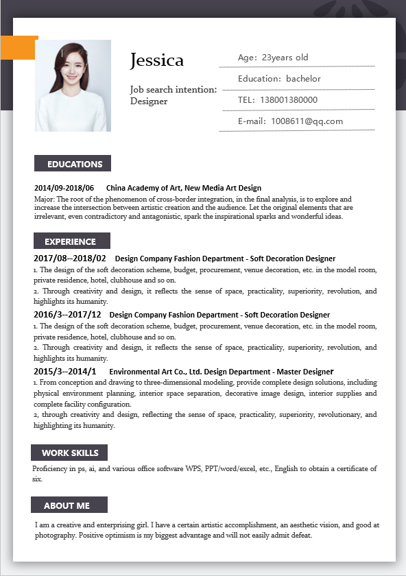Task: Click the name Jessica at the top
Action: [x=157, y=60]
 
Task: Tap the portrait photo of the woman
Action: [x=73, y=85]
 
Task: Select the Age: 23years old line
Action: [x=273, y=58]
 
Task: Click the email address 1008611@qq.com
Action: [x=307, y=121]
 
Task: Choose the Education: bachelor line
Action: [x=279, y=79]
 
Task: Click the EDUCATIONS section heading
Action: [x=74, y=164]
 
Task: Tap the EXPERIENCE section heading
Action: [x=71, y=241]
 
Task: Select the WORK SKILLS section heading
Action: [x=70, y=453]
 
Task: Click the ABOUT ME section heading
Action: [x=67, y=505]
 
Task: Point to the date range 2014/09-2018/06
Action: [x=64, y=188]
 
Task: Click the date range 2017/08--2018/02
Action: [x=70, y=259]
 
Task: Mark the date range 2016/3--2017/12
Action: [x=67, y=315]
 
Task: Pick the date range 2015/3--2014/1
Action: [x=65, y=371]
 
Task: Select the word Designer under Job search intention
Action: [x=149, y=101]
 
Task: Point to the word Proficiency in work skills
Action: [x=50, y=469]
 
